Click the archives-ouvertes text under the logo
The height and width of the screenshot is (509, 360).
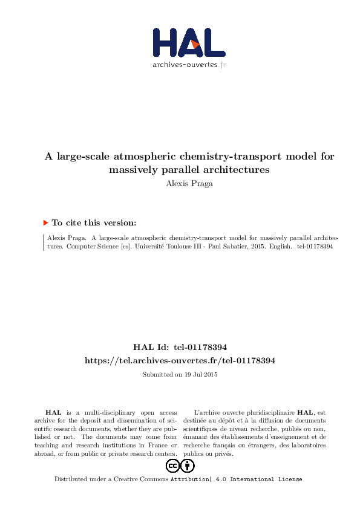pyautogui.click(x=185, y=65)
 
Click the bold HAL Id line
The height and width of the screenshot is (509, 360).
pyautogui.click(x=179, y=347)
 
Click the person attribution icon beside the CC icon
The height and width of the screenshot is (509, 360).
pyautogui.click(x=188, y=466)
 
